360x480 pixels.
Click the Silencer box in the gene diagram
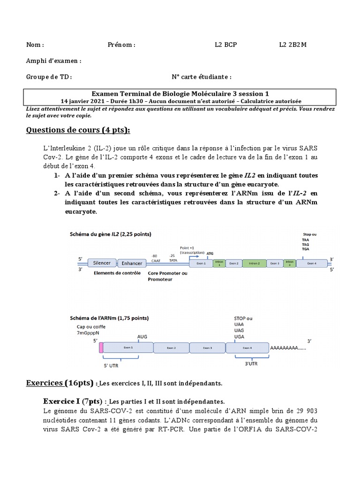(x=102, y=263)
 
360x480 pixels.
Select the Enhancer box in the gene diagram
(x=132, y=263)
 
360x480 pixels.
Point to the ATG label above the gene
(x=210, y=253)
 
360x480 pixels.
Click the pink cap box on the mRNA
(x=101, y=347)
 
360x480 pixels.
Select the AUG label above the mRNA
(x=142, y=337)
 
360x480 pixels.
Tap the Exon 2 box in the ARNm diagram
(x=171, y=348)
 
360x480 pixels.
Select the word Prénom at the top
(x=121, y=45)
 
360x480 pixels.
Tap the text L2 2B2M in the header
(x=293, y=45)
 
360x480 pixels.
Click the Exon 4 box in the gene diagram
(x=312, y=263)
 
